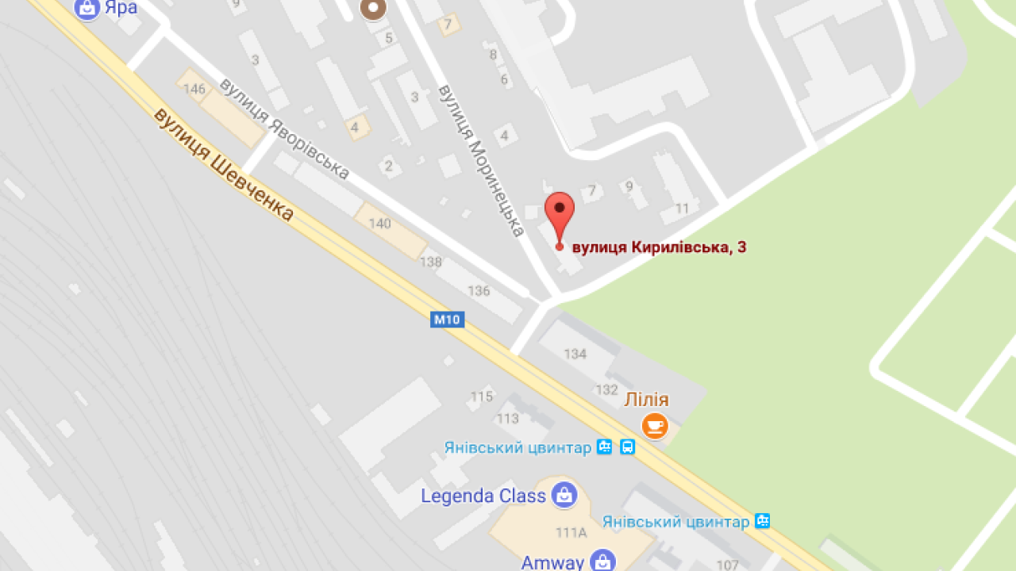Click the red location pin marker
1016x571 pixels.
point(559,211)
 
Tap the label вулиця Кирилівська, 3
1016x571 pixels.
point(658,247)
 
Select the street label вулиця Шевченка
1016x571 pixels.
point(223,164)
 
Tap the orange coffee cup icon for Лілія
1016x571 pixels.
point(654,426)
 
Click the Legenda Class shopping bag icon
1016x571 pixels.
point(564,496)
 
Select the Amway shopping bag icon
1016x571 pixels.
point(603,561)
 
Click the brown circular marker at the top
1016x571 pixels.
point(372,9)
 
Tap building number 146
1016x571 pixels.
point(194,89)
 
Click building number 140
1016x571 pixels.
point(380,224)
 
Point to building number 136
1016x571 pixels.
point(479,291)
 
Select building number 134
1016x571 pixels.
point(575,354)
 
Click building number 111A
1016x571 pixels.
point(571,533)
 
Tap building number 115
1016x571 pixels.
point(482,397)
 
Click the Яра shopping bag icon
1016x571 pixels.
point(87,9)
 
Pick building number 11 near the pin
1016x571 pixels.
point(682,209)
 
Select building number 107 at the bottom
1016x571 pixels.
point(728,565)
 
